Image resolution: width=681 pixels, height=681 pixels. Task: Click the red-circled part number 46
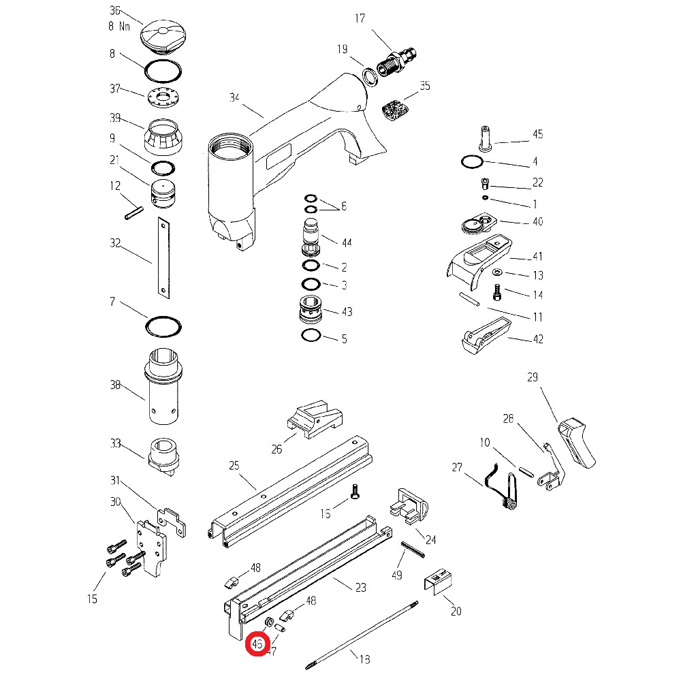tap(257, 644)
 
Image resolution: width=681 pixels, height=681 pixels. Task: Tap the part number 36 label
tap(114, 11)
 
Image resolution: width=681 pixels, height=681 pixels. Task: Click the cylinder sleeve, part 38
tap(162, 385)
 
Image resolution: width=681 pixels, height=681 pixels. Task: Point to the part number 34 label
tap(235, 98)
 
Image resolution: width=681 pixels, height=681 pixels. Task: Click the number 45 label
tap(537, 134)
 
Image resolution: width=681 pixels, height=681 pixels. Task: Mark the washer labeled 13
tap(496, 272)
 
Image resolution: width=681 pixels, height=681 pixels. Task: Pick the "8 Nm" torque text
tap(120, 26)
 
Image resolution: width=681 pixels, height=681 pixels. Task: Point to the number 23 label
tap(361, 587)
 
